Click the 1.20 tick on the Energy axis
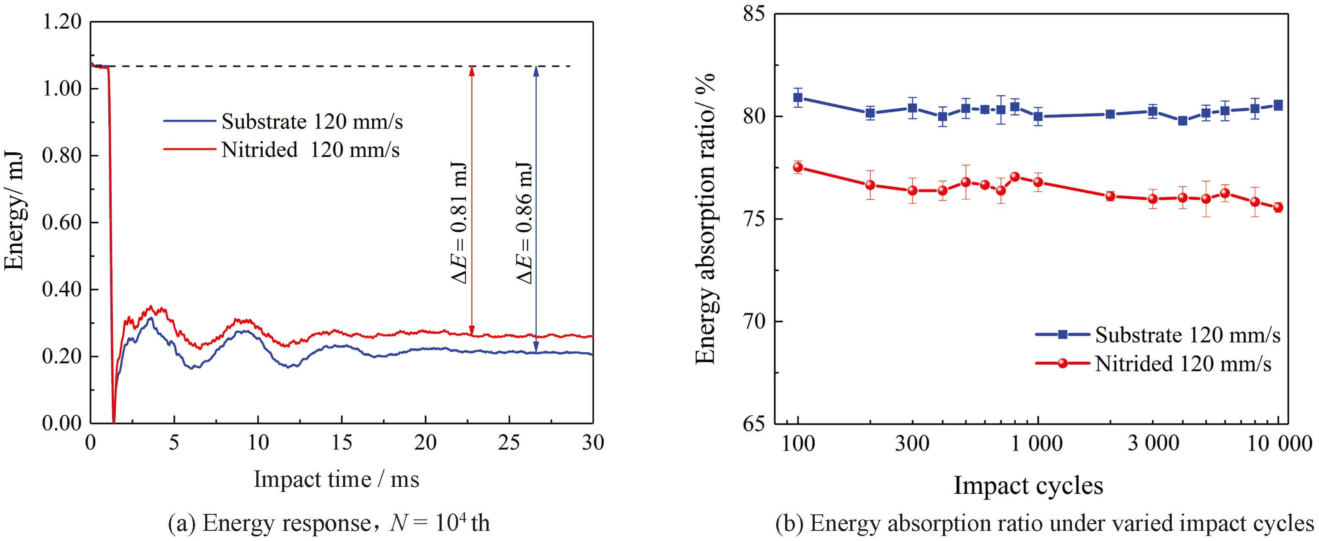(x=61, y=22)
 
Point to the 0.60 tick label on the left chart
(x=61, y=222)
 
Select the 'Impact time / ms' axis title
(x=336, y=480)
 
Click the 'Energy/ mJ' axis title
(x=14, y=210)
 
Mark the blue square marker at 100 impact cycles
(x=798, y=97)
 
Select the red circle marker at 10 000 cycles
(x=1278, y=207)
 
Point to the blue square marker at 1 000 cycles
(x=1038, y=116)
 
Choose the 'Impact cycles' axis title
(x=1028, y=485)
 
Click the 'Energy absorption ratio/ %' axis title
(x=706, y=219)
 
